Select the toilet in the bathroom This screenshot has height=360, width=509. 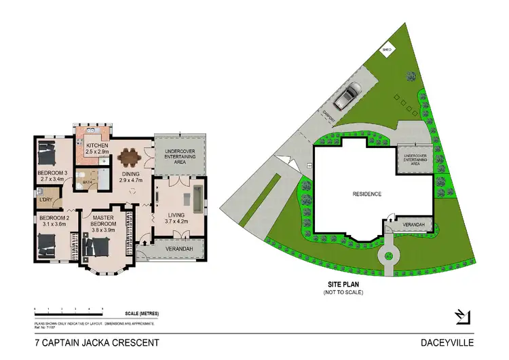[x=81, y=181]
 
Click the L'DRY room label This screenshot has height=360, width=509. [x=46, y=199]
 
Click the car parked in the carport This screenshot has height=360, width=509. [x=350, y=96]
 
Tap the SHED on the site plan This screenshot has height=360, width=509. [x=388, y=50]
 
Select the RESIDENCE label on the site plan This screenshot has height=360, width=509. [x=366, y=194]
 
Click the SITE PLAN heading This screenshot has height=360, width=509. [x=343, y=286]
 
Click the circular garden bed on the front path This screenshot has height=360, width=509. [x=388, y=256]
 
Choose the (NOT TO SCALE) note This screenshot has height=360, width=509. [x=343, y=293]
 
